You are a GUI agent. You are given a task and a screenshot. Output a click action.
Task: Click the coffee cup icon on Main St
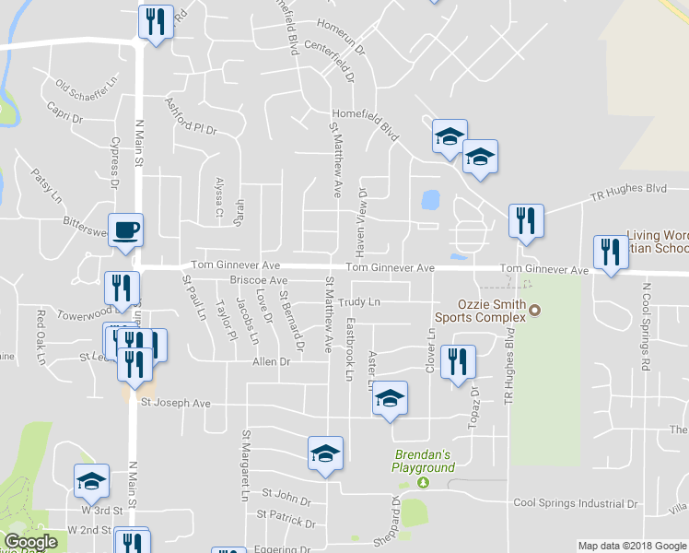pos(125,229)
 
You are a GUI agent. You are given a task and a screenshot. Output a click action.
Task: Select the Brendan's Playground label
pos(425,461)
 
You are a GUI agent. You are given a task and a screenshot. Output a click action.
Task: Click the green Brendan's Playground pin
pos(423,482)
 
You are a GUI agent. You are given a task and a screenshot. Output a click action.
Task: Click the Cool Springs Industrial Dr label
pos(576,503)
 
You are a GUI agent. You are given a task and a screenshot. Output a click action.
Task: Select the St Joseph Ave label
pos(175,403)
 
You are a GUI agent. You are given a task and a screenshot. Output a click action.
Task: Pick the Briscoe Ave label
pos(259,279)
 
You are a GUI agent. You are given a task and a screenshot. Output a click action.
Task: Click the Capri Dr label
pos(65,112)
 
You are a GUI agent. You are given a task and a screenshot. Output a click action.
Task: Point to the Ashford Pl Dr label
pos(190,118)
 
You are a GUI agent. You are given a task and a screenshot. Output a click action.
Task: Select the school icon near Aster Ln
pos(390,397)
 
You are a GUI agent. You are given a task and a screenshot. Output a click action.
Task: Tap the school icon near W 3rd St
pos(91,479)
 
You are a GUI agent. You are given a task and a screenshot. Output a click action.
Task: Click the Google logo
pos(31,542)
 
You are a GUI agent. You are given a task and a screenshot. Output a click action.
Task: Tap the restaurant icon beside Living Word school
pos(611,252)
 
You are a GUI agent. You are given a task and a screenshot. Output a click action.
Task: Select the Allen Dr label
pos(272,362)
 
